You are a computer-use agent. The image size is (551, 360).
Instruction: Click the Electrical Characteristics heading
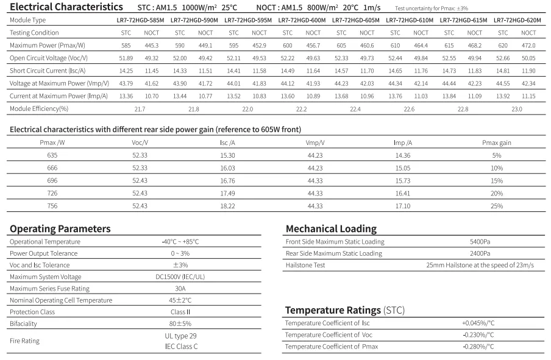pyautogui.click(x=66, y=7)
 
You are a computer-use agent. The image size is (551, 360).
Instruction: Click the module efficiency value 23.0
pyautogui.click(x=517, y=109)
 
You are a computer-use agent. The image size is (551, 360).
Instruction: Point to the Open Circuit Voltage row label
pyautogui.click(x=49, y=58)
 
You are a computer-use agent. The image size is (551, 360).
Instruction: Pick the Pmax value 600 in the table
pyautogui.click(x=287, y=46)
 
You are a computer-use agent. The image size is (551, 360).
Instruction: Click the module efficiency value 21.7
pyautogui.click(x=140, y=109)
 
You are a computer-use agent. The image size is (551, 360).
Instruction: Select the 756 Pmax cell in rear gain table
pyautogui.click(x=52, y=206)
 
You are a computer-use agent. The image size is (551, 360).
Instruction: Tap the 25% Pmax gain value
pyautogui.click(x=497, y=206)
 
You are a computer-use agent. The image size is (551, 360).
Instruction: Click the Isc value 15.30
pyautogui.click(x=227, y=155)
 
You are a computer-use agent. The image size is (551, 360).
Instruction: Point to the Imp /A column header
pyautogui.click(x=403, y=143)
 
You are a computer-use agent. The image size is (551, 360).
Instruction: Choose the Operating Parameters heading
pyautogui.click(x=60, y=229)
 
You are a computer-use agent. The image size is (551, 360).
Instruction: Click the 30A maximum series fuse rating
pyautogui.click(x=180, y=288)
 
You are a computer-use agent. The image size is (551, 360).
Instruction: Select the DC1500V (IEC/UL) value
pyautogui.click(x=180, y=277)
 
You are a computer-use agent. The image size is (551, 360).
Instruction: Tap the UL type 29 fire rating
pyautogui.click(x=180, y=336)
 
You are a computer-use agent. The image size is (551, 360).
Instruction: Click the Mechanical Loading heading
pyautogui.click(x=331, y=229)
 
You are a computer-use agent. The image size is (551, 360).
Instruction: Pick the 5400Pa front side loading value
pyautogui.click(x=480, y=242)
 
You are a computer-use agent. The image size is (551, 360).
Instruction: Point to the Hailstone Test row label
pyautogui.click(x=305, y=265)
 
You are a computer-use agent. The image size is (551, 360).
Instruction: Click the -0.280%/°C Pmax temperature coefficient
pyautogui.click(x=478, y=347)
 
